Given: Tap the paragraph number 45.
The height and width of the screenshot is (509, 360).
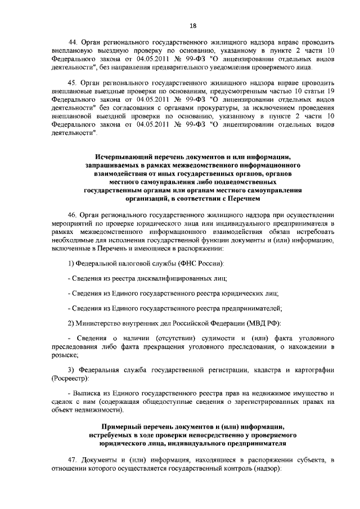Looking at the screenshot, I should pyautogui.click(x=73, y=82).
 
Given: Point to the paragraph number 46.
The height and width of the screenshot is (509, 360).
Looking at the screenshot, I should pyautogui.click(x=73, y=215).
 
